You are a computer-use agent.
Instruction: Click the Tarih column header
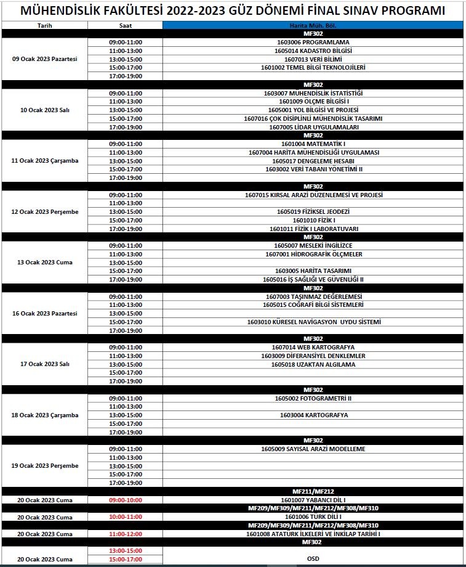[44, 26]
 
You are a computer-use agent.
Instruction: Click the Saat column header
[125, 26]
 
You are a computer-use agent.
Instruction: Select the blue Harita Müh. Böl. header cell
[313, 26]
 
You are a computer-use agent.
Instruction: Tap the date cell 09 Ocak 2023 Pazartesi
[44, 59]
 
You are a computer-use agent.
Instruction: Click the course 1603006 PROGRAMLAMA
[313, 42]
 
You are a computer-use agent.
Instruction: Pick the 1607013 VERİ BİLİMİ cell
[313, 59]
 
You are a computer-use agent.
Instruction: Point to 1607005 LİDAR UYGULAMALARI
[313, 127]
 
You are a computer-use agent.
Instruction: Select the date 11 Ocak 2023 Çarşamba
[44, 161]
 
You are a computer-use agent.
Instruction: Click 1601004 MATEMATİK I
[313, 144]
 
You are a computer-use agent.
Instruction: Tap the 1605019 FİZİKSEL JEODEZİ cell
[313, 212]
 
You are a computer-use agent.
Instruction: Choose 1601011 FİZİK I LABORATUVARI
[313, 229]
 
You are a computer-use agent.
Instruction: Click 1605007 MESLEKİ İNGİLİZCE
[313, 245]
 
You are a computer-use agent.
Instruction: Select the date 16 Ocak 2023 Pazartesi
[44, 313]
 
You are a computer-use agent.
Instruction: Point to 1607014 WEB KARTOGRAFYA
[313, 348]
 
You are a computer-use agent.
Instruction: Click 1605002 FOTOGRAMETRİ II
[313, 398]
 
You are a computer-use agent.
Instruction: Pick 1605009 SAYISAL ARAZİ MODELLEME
[313, 449]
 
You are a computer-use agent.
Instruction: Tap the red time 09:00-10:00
[125, 500]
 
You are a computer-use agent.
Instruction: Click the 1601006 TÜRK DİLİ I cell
[313, 516]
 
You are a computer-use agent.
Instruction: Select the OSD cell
[313, 559]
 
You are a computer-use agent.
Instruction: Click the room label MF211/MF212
[313, 491]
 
